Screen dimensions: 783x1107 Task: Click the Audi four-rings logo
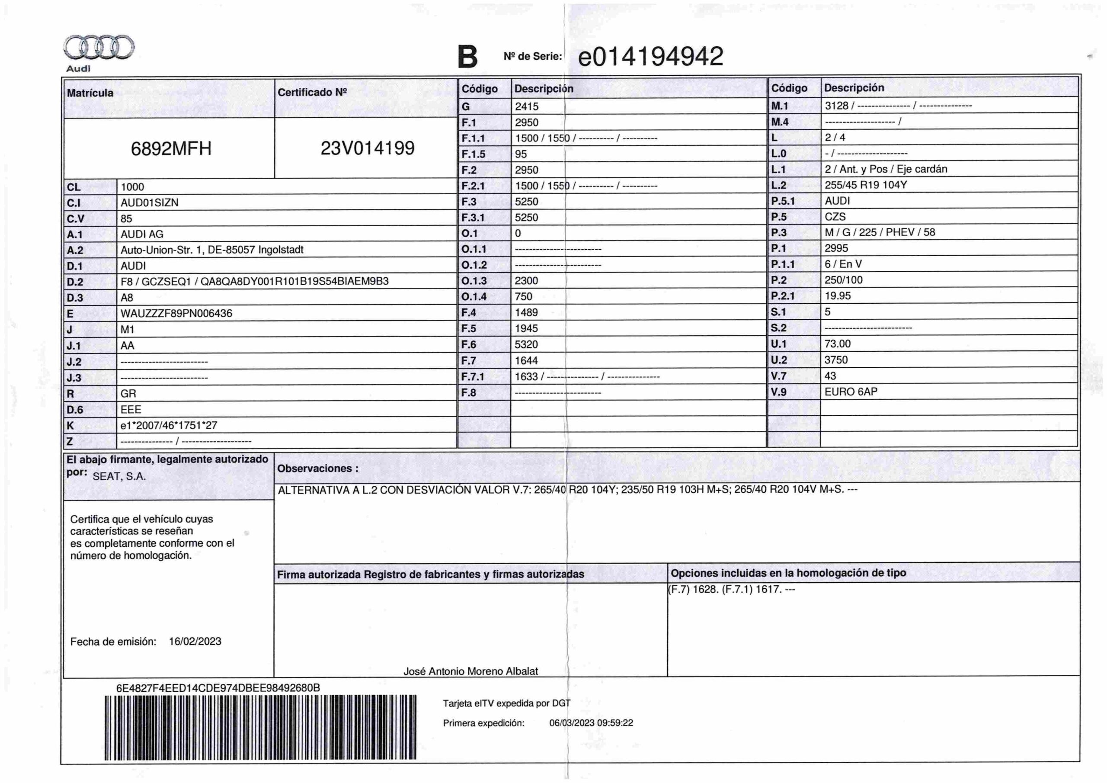coord(99,47)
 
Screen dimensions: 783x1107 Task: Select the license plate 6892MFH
coord(171,148)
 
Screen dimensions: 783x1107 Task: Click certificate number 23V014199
coord(368,148)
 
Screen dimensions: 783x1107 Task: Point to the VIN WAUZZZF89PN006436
coord(176,314)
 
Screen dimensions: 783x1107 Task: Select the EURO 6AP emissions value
coord(851,392)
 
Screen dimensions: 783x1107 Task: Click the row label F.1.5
coord(473,154)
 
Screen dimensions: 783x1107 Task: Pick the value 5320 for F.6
coord(526,344)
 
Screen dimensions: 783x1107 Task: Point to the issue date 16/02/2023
coord(195,642)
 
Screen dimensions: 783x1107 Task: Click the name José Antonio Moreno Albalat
coord(470,671)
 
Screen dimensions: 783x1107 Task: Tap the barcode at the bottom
coord(260,728)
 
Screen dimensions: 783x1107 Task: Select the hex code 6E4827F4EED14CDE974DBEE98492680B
coord(218,688)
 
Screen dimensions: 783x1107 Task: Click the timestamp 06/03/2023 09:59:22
coord(591,723)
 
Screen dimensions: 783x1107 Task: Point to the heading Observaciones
coord(318,469)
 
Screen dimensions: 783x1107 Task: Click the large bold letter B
coord(467,57)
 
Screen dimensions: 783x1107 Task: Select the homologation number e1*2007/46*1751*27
coord(169,426)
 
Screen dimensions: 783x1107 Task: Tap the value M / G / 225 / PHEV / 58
coord(880,232)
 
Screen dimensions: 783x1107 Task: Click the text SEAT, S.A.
coord(119,477)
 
